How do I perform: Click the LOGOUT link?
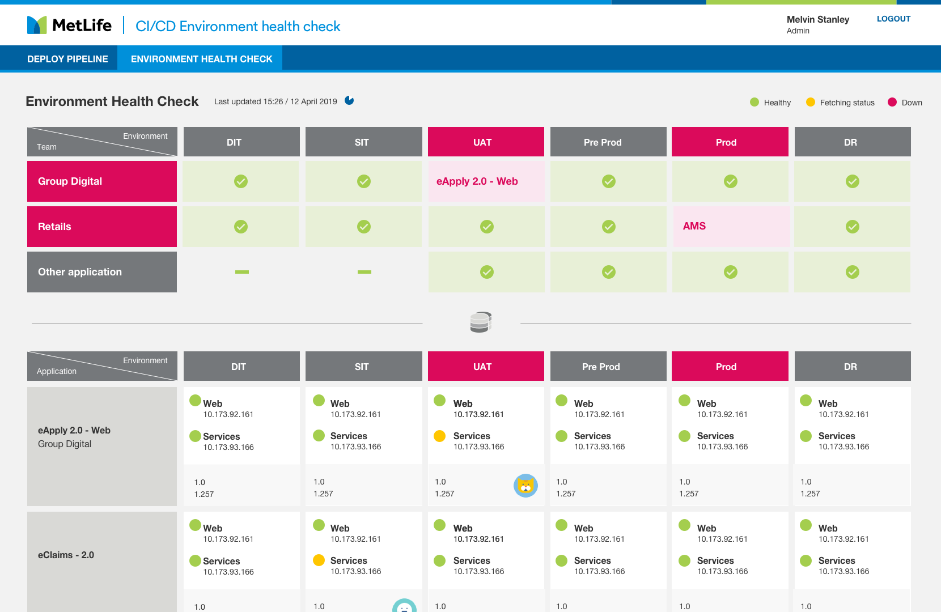click(893, 19)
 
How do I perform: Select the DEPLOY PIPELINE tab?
click(67, 59)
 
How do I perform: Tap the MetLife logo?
click(69, 25)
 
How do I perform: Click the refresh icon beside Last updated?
click(349, 101)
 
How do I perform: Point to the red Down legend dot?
click(892, 102)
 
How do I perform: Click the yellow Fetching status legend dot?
click(811, 102)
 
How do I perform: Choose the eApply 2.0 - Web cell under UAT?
click(486, 181)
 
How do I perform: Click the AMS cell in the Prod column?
click(730, 226)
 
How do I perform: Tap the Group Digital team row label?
click(102, 181)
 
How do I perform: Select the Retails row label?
click(102, 227)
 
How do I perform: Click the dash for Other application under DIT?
click(242, 272)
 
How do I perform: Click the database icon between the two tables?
click(480, 322)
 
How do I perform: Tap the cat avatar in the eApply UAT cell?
click(525, 486)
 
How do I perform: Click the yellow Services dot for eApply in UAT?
click(439, 436)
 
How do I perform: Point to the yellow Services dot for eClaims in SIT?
click(319, 560)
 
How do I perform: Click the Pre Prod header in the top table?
click(608, 142)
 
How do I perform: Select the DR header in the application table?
click(852, 367)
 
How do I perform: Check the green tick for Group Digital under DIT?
click(241, 181)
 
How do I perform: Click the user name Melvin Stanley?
click(817, 19)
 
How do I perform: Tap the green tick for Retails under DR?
click(852, 227)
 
